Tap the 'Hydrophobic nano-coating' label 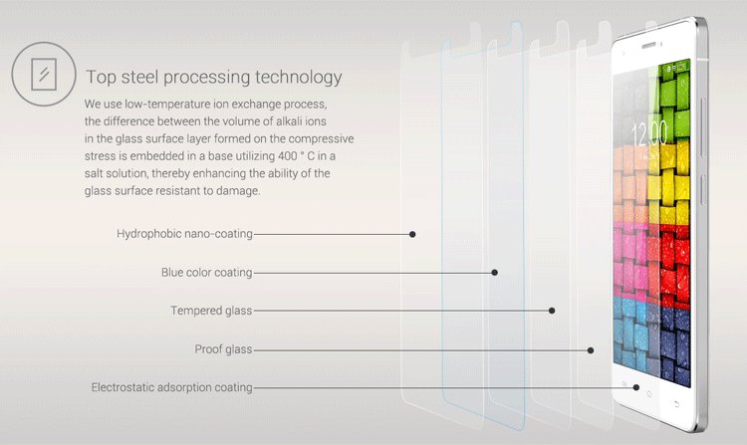[184, 234]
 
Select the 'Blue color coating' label [206, 272]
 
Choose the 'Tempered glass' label [210, 311]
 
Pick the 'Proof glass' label [223, 349]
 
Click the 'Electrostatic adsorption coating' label [171, 387]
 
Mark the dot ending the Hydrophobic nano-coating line [412, 234]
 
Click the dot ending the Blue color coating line [495, 272]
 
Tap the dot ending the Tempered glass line [552, 311]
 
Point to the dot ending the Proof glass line [591, 349]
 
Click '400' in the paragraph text [260, 155]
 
